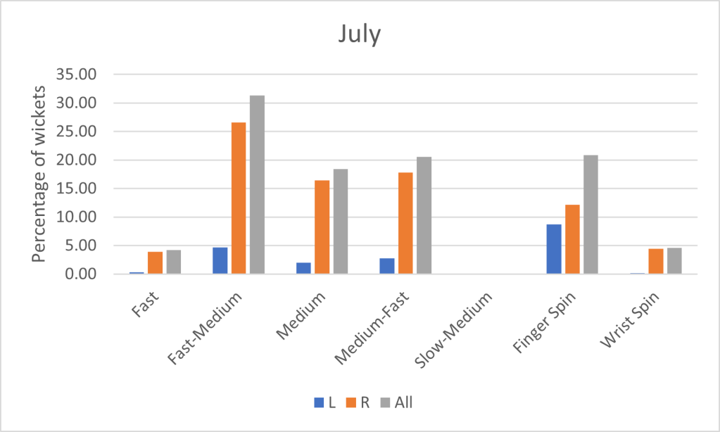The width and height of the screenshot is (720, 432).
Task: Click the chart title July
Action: coord(359,34)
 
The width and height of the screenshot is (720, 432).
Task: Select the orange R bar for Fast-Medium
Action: coord(238,198)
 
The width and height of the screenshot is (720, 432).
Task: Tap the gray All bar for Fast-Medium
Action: coord(257,184)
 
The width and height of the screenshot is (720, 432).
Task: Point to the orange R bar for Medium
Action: coord(322,227)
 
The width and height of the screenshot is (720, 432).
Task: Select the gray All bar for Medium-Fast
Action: coord(423,215)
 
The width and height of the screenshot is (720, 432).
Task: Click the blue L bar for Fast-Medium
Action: coord(220,260)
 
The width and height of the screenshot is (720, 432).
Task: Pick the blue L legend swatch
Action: coord(318,402)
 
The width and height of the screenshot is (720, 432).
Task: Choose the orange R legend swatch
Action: coord(350,402)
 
